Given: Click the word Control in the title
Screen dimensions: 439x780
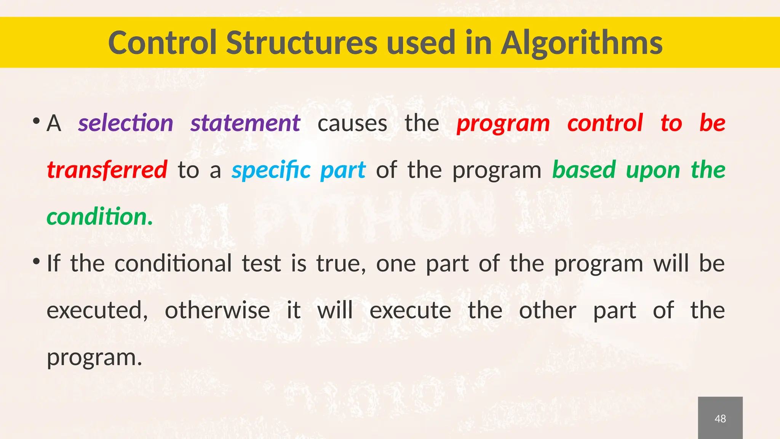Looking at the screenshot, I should [163, 43].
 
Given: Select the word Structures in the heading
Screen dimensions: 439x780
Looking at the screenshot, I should [302, 43].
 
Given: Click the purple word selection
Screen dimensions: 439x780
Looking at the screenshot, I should [126, 123].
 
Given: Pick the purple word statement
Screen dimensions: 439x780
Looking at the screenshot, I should [245, 123].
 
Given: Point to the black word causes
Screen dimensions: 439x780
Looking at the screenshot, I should [352, 124].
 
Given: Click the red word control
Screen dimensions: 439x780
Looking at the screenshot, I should [605, 123].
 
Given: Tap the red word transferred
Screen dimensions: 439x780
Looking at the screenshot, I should [107, 170].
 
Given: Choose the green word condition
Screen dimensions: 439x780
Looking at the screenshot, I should [99, 217].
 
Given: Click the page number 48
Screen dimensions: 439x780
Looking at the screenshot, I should [720, 419].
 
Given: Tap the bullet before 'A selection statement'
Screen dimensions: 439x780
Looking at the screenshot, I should [37, 122].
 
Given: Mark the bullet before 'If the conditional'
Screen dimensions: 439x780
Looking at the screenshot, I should [37, 262].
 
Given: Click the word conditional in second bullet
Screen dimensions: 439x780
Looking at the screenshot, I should [173, 263].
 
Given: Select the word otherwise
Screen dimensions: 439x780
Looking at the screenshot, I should [217, 310].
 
